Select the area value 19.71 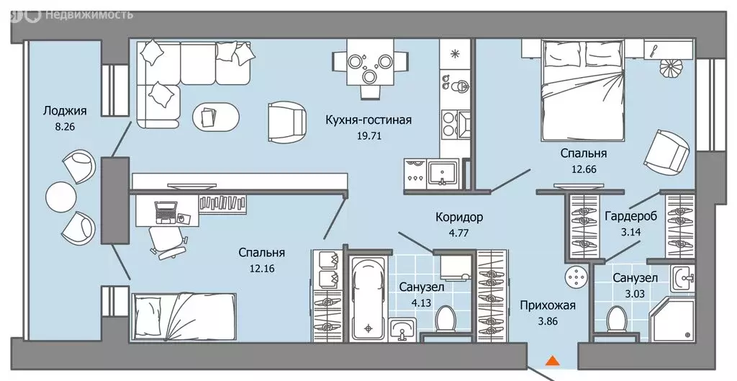click(x=368, y=134)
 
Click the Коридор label click(x=459, y=217)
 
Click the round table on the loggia click(x=60, y=194)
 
